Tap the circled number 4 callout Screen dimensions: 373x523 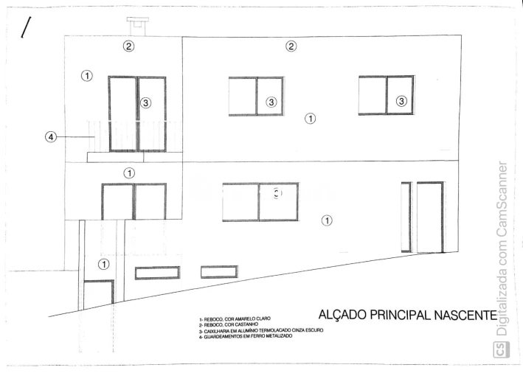(51, 136)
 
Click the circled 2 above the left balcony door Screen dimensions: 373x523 (128, 46)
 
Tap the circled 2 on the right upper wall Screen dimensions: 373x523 (291, 46)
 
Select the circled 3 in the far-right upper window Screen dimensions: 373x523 (401, 101)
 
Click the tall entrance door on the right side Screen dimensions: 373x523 (429, 217)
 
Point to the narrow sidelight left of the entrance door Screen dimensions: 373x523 (406, 217)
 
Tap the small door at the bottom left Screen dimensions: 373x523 (97, 295)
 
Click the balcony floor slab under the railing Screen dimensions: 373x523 (125, 157)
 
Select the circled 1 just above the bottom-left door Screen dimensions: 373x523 (104, 263)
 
